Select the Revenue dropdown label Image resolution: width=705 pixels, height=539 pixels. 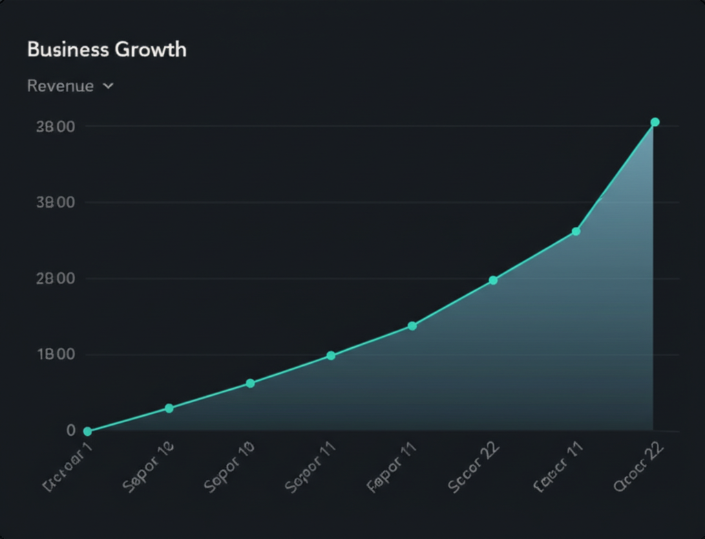(x=60, y=86)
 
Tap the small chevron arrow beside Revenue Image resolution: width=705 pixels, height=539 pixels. (x=107, y=87)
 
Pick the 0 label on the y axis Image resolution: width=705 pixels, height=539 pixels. (x=70, y=430)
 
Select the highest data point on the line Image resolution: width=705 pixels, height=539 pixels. (x=655, y=122)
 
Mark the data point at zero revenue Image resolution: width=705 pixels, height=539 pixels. (x=87, y=431)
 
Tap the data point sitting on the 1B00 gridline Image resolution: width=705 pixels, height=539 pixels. (x=330, y=355)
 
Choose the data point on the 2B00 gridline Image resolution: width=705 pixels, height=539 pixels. (x=493, y=280)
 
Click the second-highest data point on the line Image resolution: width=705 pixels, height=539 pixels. (x=576, y=231)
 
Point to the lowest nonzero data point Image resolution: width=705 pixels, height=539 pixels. (x=169, y=408)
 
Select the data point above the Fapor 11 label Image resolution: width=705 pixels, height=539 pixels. (x=412, y=326)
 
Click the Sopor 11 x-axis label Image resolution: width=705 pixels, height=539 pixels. (x=311, y=472)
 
